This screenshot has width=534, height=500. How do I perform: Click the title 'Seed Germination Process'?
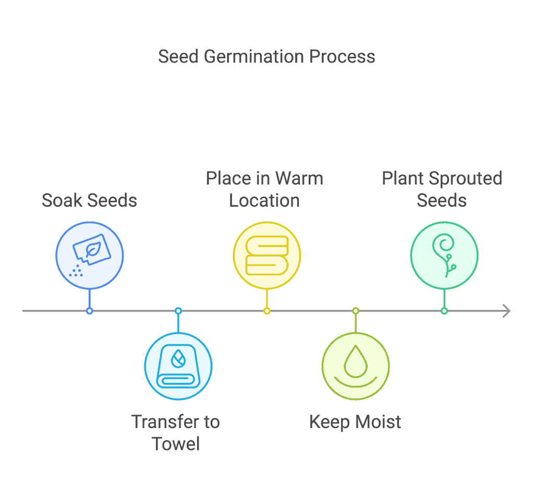266,56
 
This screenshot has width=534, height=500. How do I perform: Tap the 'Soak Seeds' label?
89,200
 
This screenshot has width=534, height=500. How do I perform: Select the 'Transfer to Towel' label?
176,433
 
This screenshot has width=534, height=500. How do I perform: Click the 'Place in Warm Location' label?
264,189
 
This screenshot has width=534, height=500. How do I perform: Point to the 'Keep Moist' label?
355,422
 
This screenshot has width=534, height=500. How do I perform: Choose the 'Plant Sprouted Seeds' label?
442,189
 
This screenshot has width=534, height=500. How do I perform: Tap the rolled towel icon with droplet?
178,366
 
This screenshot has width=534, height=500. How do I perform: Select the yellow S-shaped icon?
267,255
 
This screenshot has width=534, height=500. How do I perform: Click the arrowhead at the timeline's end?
507,311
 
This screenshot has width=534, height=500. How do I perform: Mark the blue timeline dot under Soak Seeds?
90,311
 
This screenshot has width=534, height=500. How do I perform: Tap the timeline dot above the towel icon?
178,311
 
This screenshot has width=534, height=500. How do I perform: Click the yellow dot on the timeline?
267,311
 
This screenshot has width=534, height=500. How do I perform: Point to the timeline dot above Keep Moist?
356,311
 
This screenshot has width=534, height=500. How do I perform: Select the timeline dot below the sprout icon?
444,311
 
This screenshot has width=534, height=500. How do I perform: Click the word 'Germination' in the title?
254,56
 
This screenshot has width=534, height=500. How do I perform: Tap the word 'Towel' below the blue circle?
176,444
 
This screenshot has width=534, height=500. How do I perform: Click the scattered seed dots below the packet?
76,271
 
